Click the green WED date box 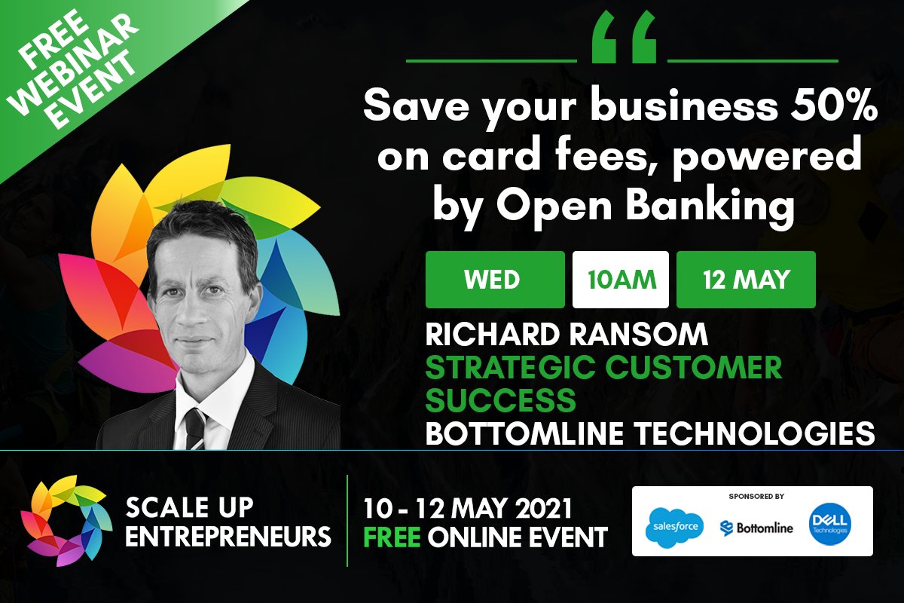pyautogui.click(x=494, y=280)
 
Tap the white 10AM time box pyautogui.click(x=621, y=280)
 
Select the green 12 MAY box pyautogui.click(x=746, y=280)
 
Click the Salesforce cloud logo pyautogui.click(x=674, y=526)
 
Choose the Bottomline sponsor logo pyautogui.click(x=756, y=528)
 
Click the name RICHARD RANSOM pyautogui.click(x=567, y=335)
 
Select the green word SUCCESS pyautogui.click(x=500, y=401)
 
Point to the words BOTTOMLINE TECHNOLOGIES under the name pyautogui.click(x=649, y=433)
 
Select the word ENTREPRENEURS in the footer pyautogui.click(x=228, y=537)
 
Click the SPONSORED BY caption pyautogui.click(x=756, y=497)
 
